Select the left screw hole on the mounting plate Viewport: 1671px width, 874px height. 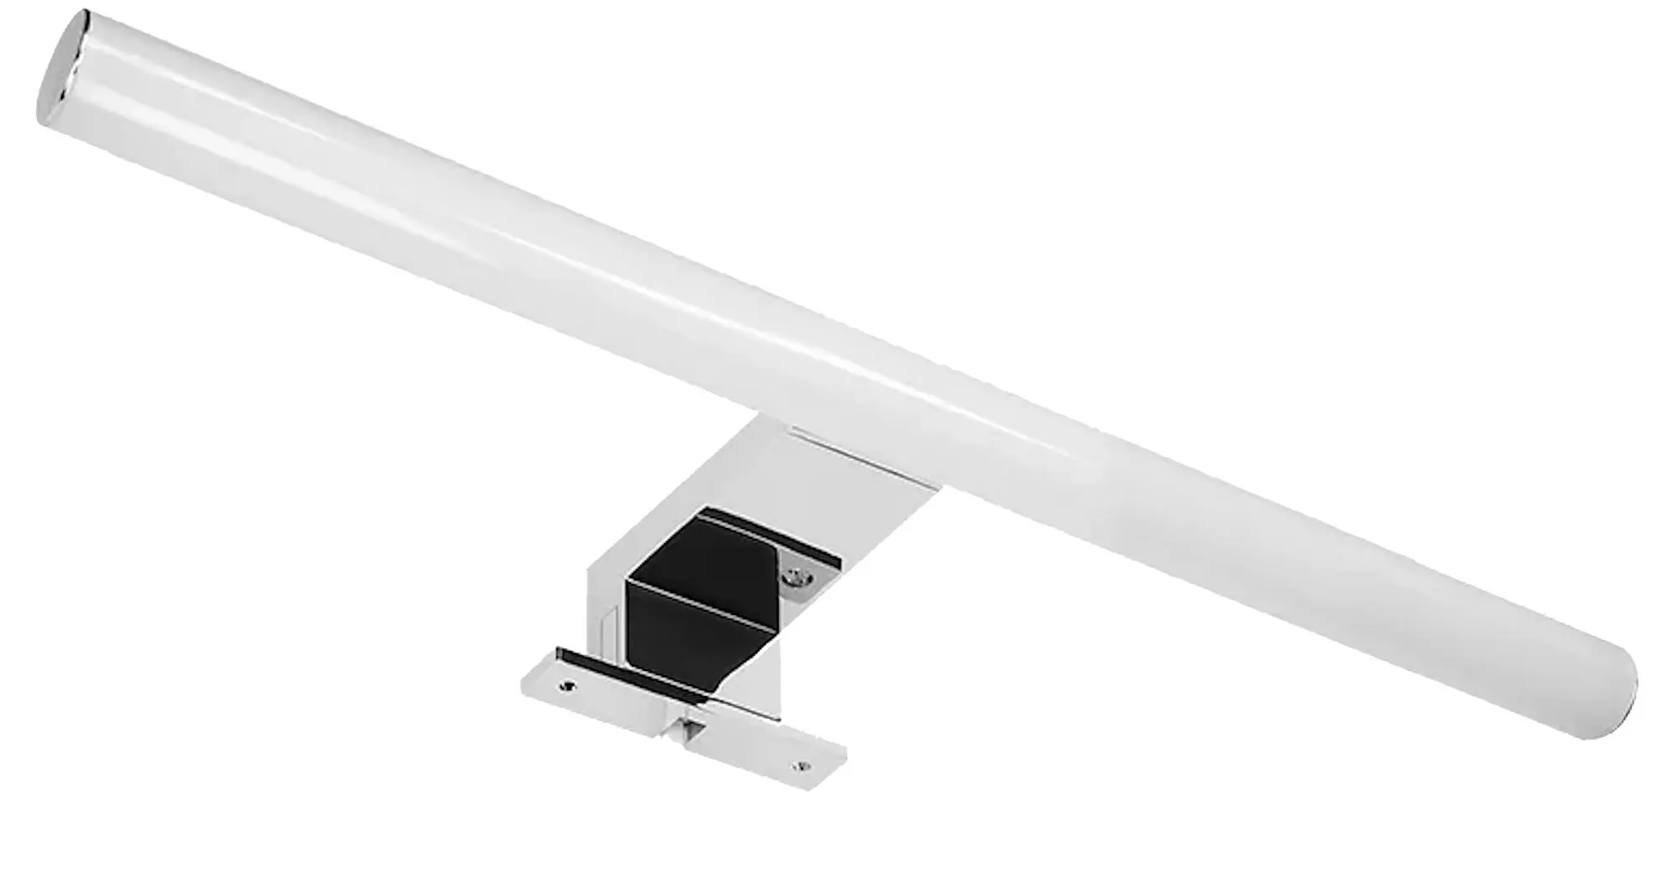[x=570, y=687]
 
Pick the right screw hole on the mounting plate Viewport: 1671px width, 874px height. [x=803, y=764]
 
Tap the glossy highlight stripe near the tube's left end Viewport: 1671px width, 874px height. [x=209, y=92]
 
